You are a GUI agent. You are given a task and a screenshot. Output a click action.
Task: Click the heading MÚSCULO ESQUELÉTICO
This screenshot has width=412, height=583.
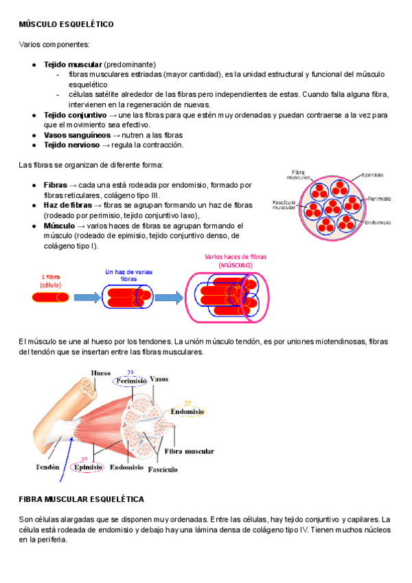tap(66, 24)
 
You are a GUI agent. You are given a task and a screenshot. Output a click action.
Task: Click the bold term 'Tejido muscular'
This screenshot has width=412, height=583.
tap(73, 64)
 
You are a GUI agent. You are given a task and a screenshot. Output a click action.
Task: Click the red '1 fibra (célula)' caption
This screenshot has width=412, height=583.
tap(49, 280)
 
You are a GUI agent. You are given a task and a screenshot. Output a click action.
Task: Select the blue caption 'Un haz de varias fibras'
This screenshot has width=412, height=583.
tap(128, 275)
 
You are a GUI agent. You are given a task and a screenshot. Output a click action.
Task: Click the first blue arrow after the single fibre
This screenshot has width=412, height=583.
tap(87, 298)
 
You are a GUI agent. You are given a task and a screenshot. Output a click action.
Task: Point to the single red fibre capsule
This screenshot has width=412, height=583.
tap(50, 297)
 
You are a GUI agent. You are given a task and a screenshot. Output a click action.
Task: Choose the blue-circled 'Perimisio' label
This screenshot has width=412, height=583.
tap(131, 380)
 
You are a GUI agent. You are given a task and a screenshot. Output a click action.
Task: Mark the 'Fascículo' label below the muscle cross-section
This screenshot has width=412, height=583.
tap(164, 470)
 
